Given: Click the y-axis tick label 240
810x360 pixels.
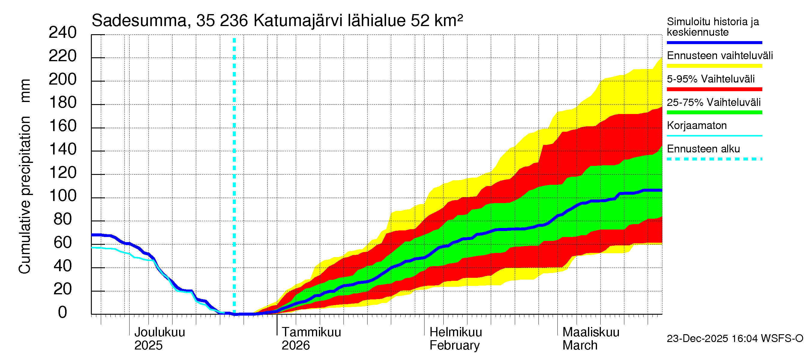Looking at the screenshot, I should [x=63, y=33].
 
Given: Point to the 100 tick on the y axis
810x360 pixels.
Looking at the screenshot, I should [x=63, y=196].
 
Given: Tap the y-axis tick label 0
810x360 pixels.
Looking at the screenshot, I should [x=63, y=312].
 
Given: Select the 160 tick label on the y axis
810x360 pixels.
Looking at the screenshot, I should [x=63, y=126].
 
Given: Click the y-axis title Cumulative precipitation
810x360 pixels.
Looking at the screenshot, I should [x=25, y=195].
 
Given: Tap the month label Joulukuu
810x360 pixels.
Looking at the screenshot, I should [x=160, y=332].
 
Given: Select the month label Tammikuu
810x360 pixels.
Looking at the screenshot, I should [x=311, y=332].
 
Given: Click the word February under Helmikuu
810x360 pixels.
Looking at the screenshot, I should [x=454, y=345].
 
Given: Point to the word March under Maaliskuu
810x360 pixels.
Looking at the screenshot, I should [x=580, y=345].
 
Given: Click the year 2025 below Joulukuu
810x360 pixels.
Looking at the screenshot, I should [x=148, y=345].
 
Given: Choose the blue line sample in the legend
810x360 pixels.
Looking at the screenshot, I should [x=714, y=42].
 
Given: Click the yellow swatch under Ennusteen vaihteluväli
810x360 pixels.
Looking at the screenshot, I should [x=714, y=66].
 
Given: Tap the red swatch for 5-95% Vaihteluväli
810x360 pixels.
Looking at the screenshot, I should [x=714, y=89].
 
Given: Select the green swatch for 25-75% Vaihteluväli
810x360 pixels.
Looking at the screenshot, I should [x=714, y=112].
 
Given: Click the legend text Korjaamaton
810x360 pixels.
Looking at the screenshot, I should [x=697, y=125].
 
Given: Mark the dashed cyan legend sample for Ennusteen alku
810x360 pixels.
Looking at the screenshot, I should [x=714, y=159].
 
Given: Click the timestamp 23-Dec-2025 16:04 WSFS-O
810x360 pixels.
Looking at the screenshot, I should [x=735, y=338].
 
